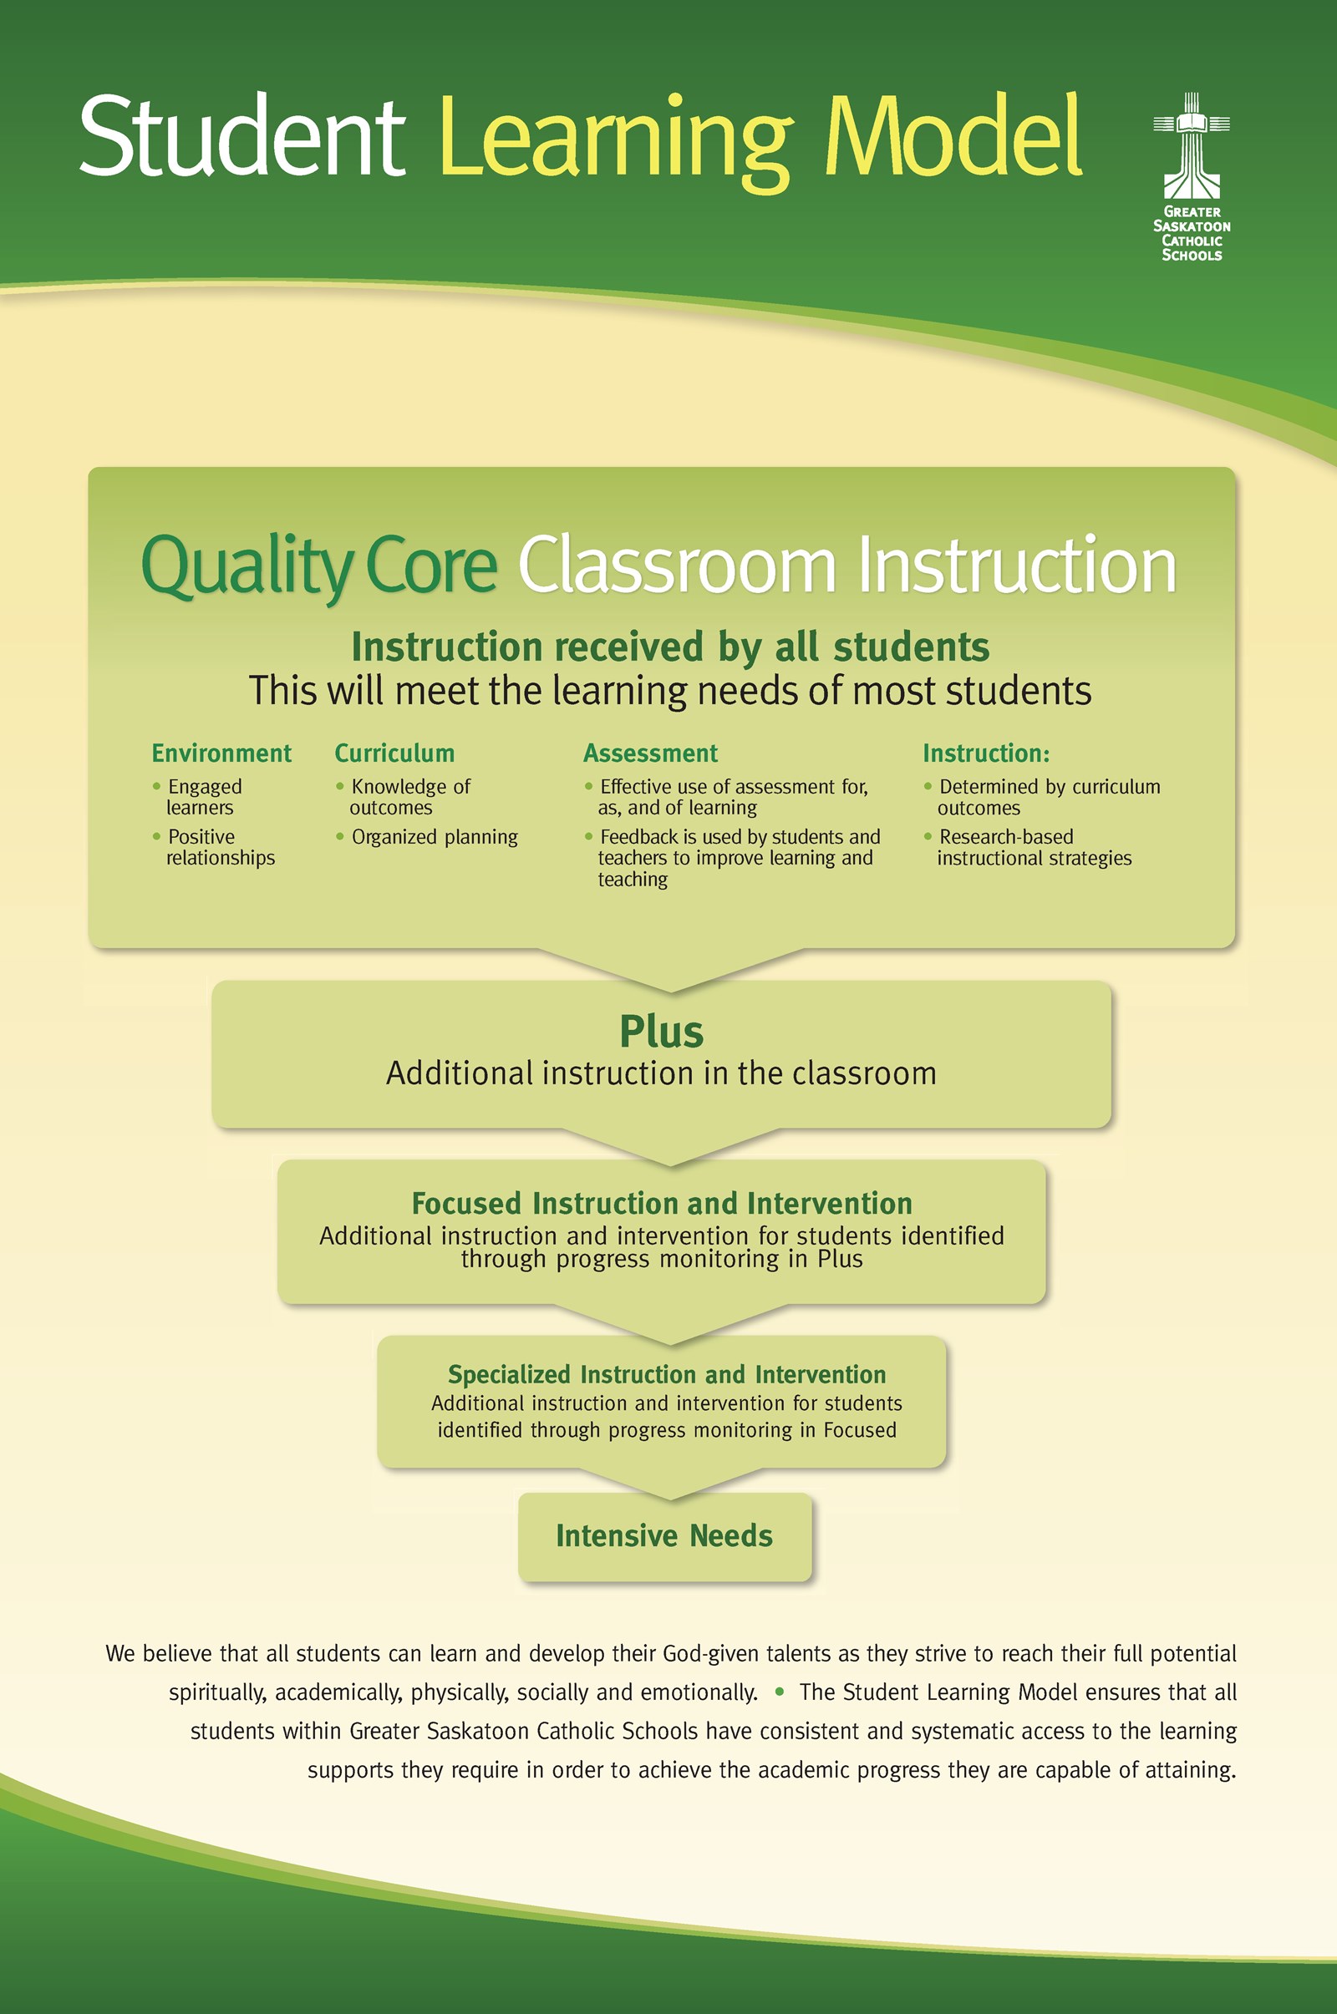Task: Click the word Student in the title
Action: coord(241,136)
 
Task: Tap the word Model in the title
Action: coord(955,136)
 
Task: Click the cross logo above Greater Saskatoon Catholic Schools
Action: coord(1192,145)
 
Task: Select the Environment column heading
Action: coord(221,753)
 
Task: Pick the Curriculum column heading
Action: coord(394,753)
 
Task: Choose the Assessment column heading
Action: coord(650,753)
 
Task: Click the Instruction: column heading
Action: coord(985,753)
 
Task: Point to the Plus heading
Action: coord(661,1032)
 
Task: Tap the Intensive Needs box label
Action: coord(663,1536)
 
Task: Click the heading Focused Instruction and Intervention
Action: coord(662,1204)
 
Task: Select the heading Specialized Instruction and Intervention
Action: coord(666,1374)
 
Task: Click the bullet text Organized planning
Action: coord(434,837)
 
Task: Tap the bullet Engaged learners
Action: coord(203,797)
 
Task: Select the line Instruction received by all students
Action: coord(670,647)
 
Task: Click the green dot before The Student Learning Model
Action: coord(779,1692)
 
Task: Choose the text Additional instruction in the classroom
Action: coord(661,1073)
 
